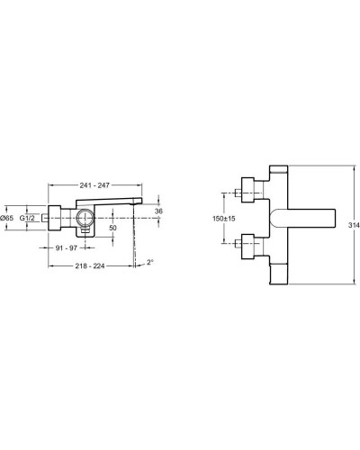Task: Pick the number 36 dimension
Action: tap(159, 211)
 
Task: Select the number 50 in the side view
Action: tap(113, 229)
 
